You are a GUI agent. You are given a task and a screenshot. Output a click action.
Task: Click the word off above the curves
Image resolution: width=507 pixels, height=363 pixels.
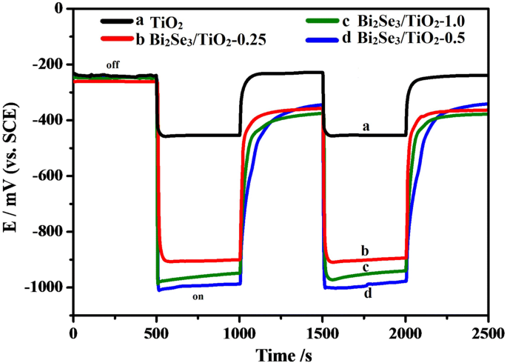(113, 66)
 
